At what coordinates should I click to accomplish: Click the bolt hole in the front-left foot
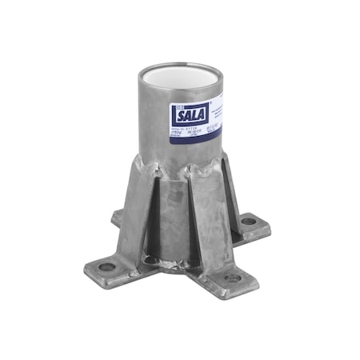point(107,266)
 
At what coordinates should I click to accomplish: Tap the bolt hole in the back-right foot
point(249,220)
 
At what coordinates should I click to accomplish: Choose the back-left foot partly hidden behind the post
point(118,216)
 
